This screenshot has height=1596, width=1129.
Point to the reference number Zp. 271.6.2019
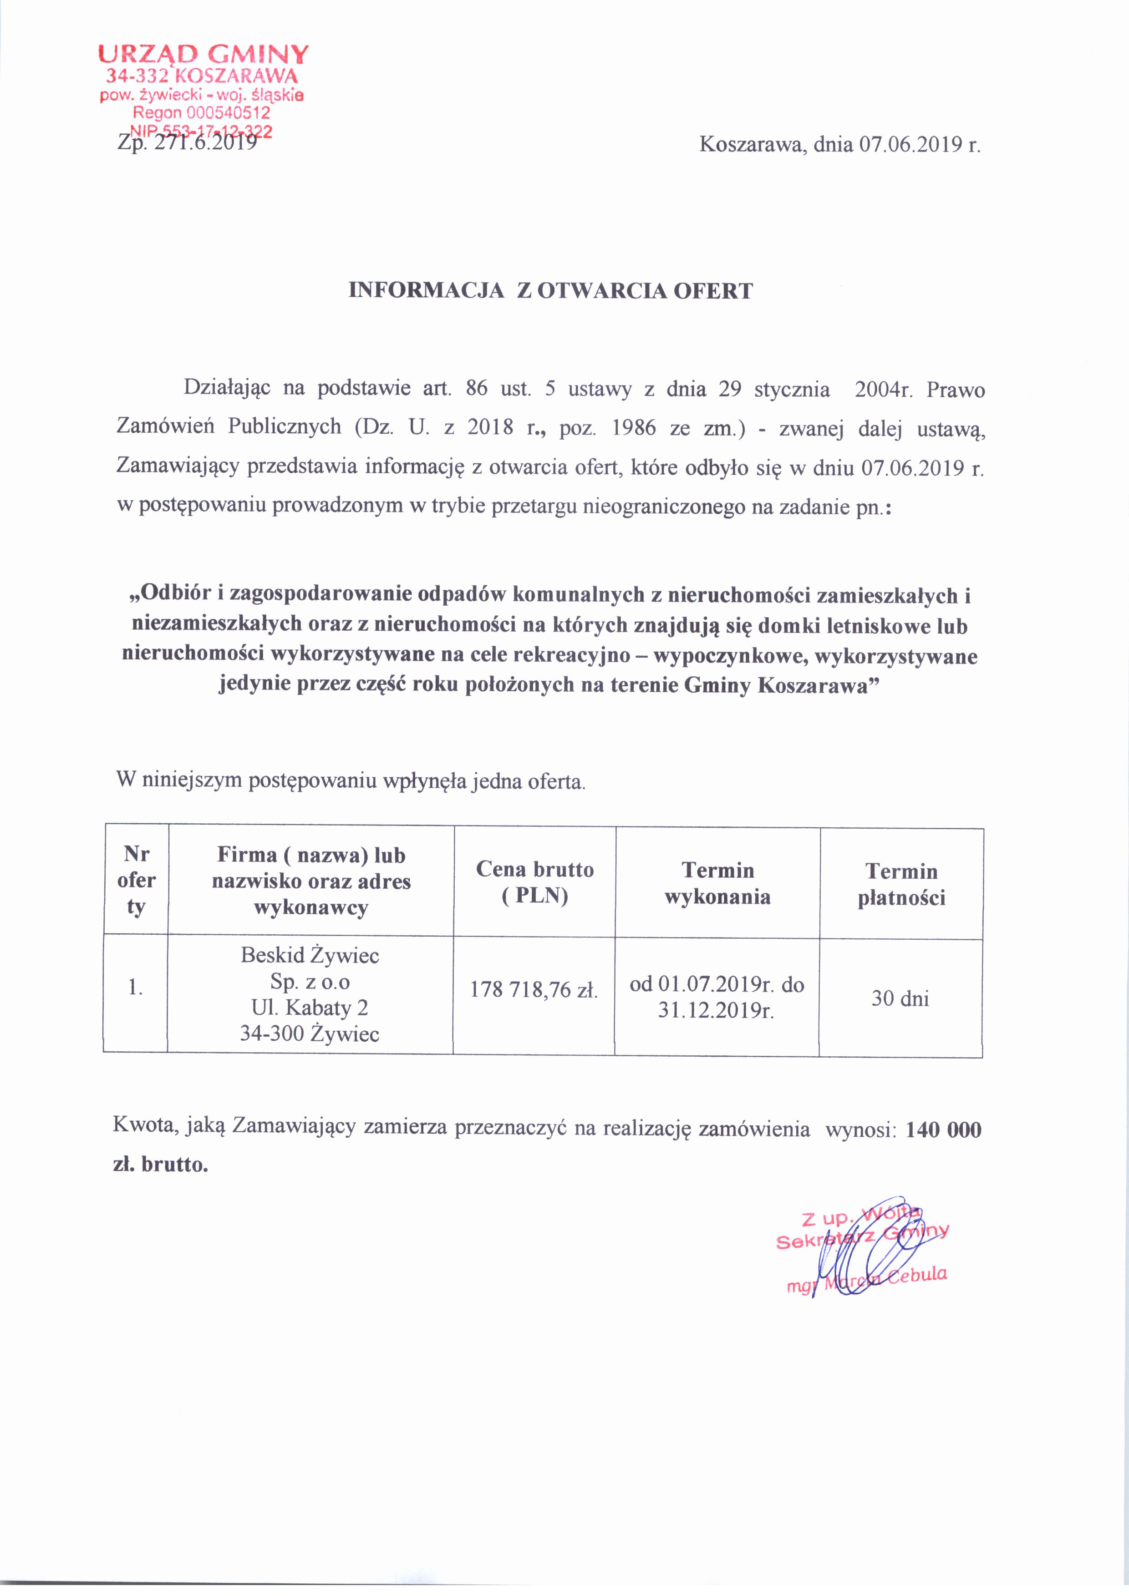[186, 143]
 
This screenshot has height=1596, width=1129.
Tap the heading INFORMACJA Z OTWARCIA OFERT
[550, 290]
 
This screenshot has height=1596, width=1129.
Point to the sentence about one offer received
[351, 780]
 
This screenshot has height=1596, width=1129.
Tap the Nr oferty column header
[136, 880]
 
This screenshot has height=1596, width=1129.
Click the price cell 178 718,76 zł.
[534, 989]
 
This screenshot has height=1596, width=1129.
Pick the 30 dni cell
[900, 999]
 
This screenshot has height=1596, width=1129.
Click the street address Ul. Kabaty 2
[310, 1007]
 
